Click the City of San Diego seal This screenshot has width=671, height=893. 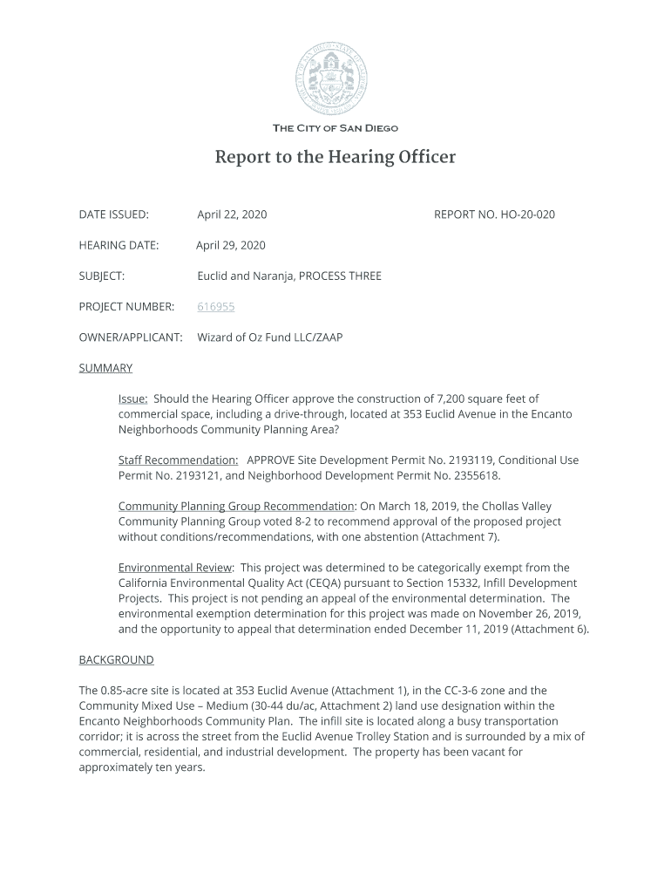pos(335,78)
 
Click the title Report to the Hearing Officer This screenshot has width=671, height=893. pos(335,158)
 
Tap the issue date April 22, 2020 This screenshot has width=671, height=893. pos(232,215)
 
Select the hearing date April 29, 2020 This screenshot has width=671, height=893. pos(231,245)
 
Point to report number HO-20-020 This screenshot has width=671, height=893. pos(494,215)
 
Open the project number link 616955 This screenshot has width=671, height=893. pos(216,307)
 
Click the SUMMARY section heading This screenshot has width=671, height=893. pos(105,368)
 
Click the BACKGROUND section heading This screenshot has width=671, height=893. pos(116,660)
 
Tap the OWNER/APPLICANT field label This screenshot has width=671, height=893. pos(131,337)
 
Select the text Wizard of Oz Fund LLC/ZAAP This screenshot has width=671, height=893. pos(270,337)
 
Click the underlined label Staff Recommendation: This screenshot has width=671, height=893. pos(179,460)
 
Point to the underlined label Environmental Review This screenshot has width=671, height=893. pos(175,568)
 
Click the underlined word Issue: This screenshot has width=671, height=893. pos(133,399)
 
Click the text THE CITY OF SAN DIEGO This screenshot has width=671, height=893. pos(335,128)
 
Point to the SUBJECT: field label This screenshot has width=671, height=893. pos(102,276)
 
